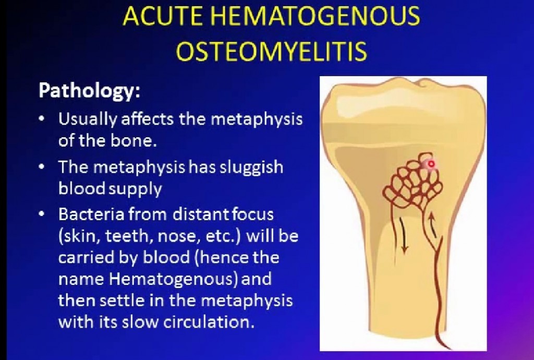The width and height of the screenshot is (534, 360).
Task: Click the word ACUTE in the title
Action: tap(153, 16)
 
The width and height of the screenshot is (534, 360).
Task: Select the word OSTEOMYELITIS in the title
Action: tap(271, 51)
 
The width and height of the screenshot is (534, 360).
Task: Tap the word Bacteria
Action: tap(91, 214)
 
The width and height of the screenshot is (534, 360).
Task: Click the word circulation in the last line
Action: tap(209, 322)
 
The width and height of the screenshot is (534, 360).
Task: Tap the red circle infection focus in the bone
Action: tap(431, 164)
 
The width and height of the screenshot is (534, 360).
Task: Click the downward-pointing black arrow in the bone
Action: tap(403, 235)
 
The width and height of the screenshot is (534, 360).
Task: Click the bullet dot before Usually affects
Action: tap(42, 119)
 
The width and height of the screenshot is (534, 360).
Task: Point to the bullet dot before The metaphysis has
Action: tap(42, 167)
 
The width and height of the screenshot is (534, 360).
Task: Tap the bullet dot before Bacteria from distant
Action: tap(42, 214)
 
